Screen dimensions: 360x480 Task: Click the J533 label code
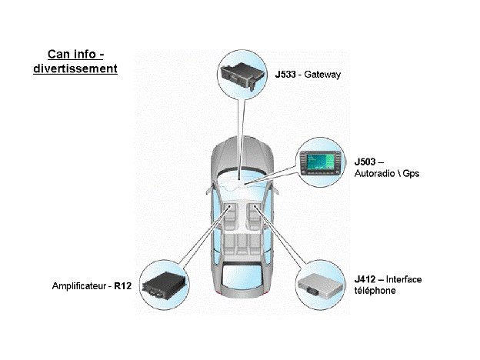[286, 75]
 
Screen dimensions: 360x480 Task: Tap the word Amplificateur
[81, 285]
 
